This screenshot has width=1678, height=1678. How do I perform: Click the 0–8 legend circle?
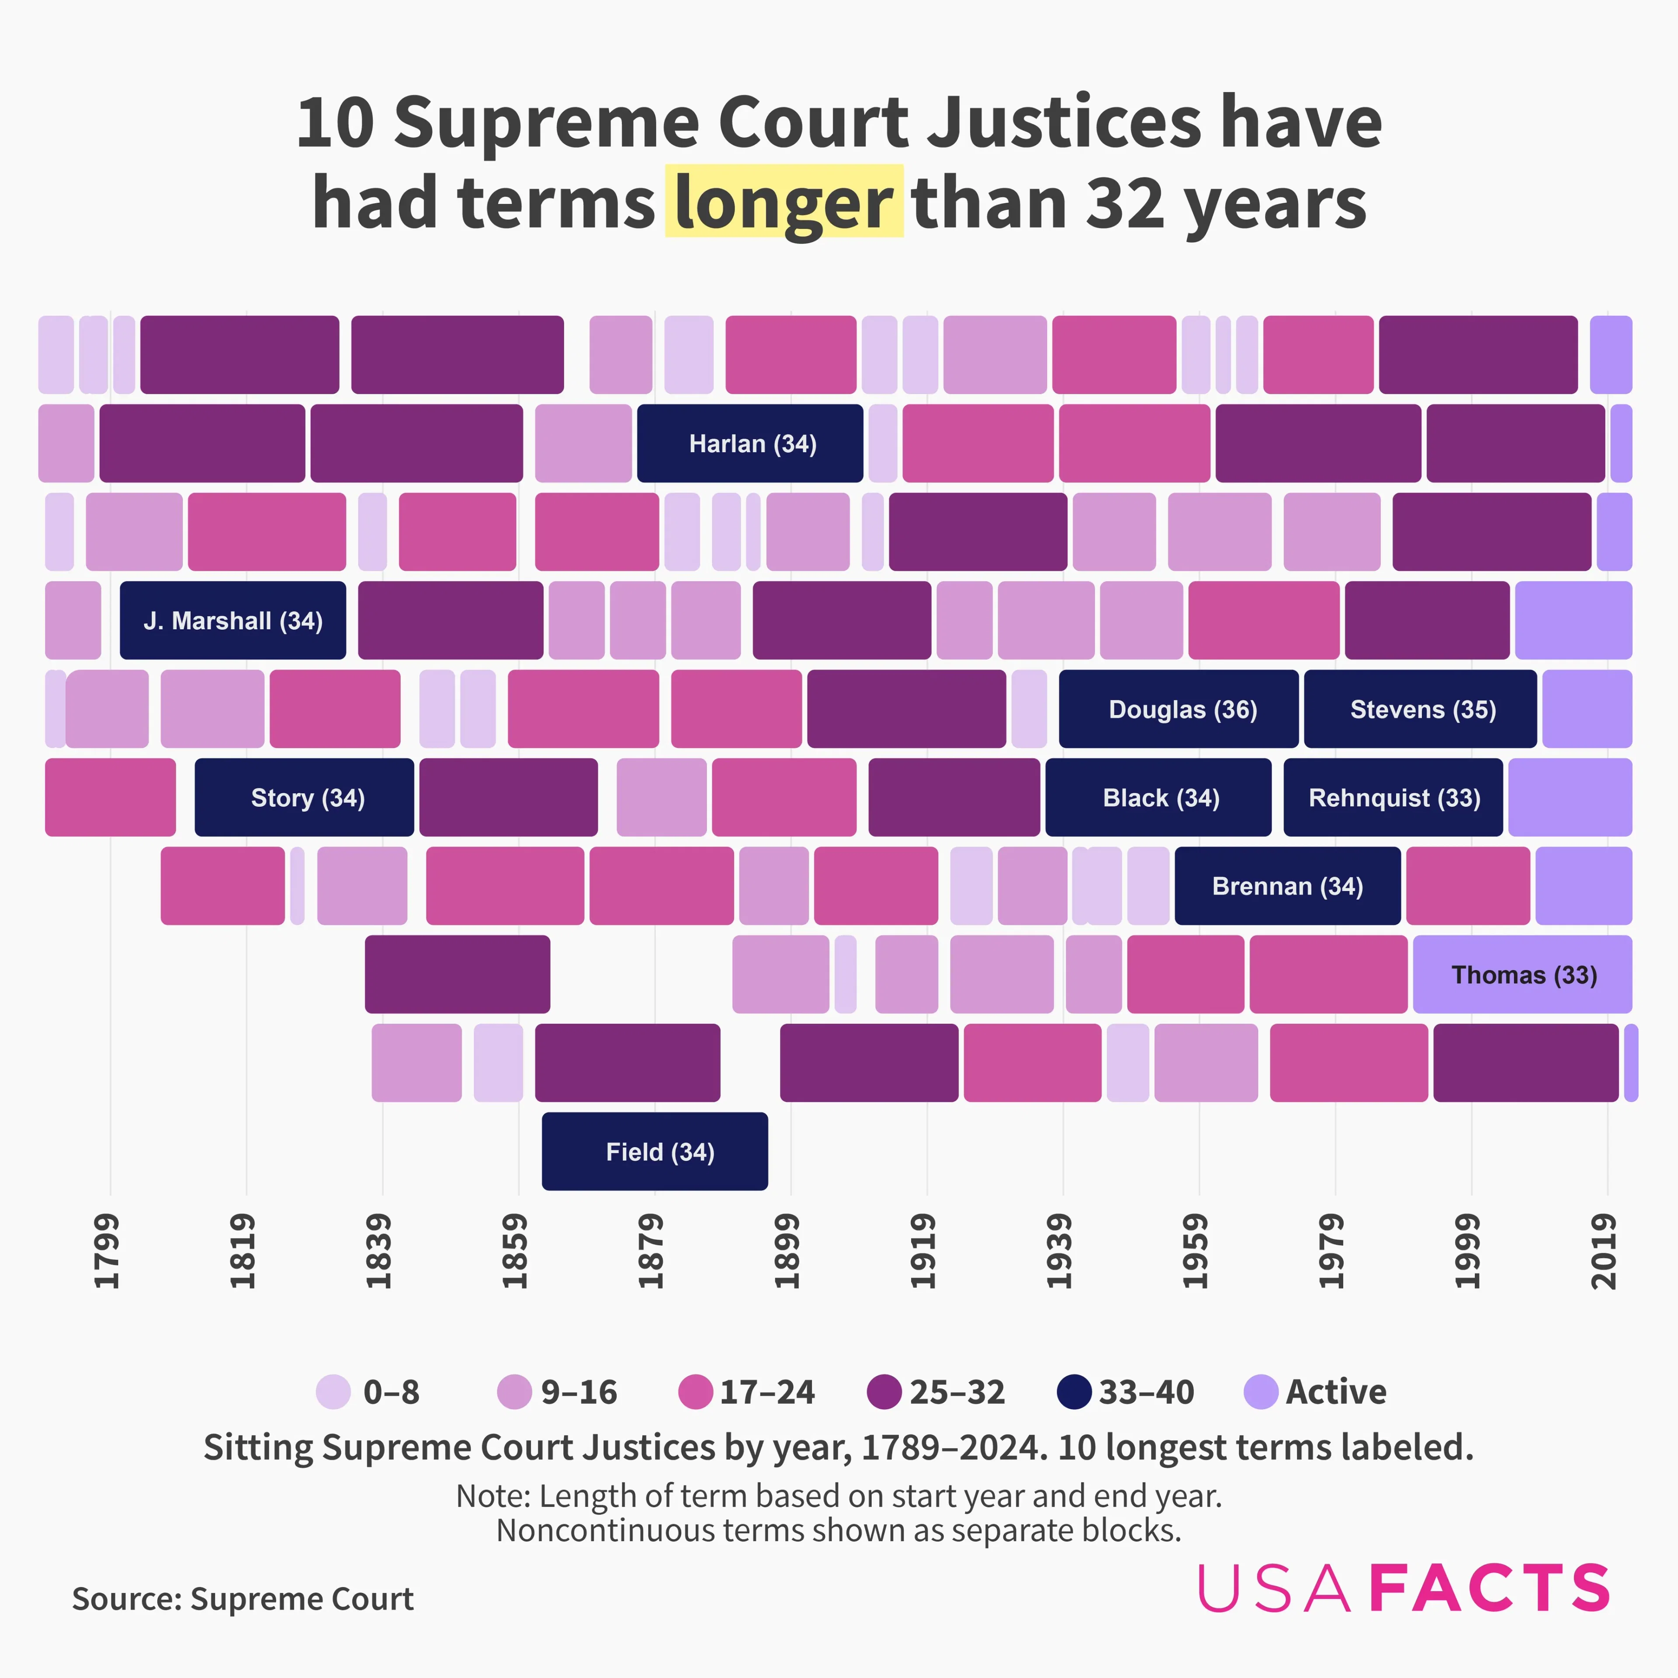[333, 1392]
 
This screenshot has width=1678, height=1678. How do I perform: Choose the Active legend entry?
[1316, 1392]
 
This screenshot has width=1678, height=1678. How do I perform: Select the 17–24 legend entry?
[747, 1392]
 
